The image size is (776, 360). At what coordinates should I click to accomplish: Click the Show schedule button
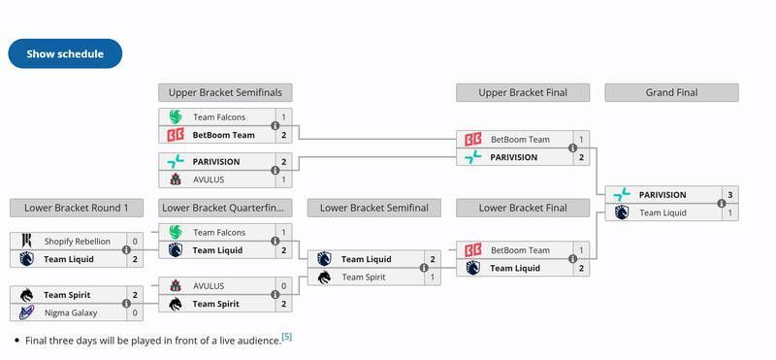click(65, 54)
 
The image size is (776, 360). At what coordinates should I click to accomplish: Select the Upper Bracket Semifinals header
click(225, 93)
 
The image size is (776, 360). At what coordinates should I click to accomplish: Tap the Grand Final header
click(671, 93)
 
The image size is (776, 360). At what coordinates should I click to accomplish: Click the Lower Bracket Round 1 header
click(77, 208)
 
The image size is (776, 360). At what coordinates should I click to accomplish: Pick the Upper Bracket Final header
click(523, 93)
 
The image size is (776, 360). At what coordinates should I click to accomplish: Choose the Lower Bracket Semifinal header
click(373, 208)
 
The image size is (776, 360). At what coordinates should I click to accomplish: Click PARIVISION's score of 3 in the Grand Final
click(729, 195)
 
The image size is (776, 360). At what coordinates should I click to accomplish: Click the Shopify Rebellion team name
click(78, 242)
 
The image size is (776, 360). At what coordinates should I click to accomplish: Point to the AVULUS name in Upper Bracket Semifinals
click(210, 180)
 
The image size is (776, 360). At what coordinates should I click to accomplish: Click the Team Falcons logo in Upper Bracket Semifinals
click(176, 117)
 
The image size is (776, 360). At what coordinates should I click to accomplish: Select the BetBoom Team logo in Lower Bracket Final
click(472, 250)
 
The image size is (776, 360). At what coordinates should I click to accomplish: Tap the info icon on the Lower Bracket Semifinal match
click(424, 268)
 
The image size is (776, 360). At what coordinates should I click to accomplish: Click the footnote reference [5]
click(286, 337)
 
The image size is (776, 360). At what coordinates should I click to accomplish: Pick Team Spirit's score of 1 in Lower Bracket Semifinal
click(433, 278)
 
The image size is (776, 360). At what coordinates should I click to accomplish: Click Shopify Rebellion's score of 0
click(135, 242)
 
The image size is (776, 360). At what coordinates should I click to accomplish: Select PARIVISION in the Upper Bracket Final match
click(513, 157)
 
